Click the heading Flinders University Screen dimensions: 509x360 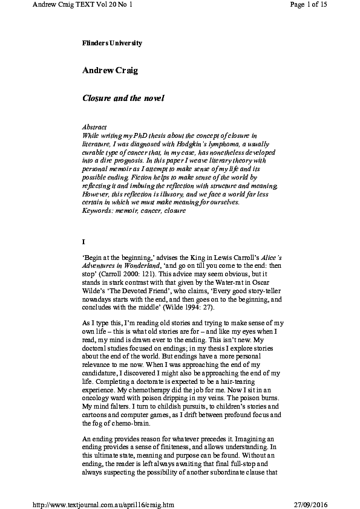112,43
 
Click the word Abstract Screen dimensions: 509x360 94,128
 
